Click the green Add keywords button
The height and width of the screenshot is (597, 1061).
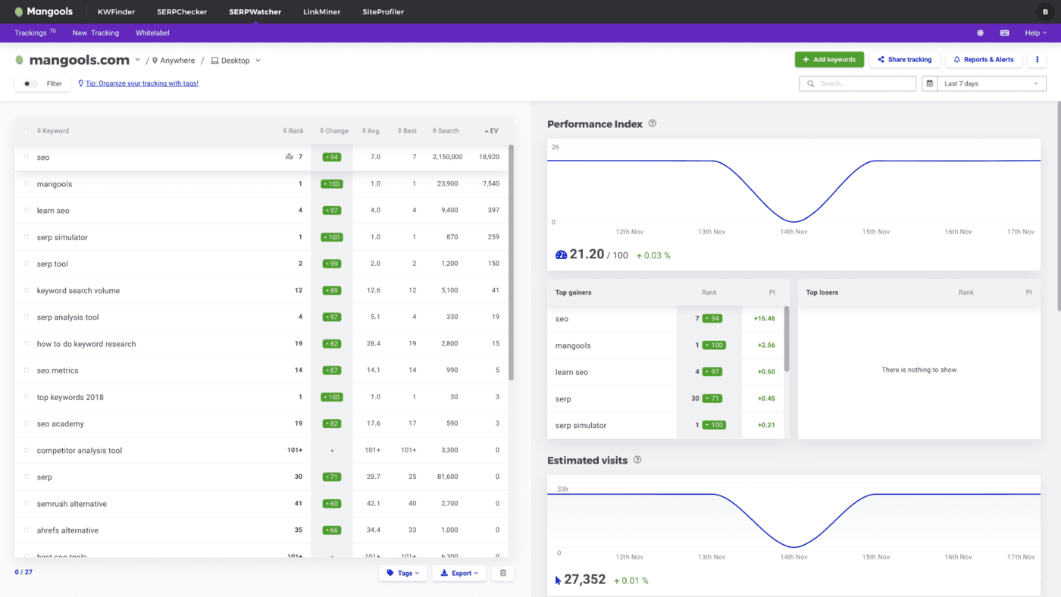tap(829, 60)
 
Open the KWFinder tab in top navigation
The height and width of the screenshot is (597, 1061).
tap(116, 12)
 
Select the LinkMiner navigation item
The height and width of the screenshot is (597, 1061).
tap(321, 12)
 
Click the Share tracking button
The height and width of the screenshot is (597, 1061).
tap(904, 60)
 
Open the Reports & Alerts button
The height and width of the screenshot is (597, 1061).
tap(984, 60)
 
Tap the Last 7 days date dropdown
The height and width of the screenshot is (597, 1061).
tap(991, 84)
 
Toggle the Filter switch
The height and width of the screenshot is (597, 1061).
tap(30, 84)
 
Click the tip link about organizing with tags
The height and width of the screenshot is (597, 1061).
tap(142, 84)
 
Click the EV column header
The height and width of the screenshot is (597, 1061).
tap(493, 131)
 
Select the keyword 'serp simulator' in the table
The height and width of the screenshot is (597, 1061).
tap(62, 238)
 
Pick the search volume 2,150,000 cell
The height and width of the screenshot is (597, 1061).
tap(447, 158)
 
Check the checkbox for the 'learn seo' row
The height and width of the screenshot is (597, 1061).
tap(27, 211)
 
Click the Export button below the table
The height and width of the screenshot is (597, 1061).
tap(459, 574)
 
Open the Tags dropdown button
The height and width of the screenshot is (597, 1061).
tap(404, 574)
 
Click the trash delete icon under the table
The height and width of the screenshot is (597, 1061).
tap(503, 574)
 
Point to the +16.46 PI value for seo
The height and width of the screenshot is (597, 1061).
tap(764, 319)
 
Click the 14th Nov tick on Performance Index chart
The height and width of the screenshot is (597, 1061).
tap(793, 232)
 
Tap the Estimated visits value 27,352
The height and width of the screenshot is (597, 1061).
tap(584, 580)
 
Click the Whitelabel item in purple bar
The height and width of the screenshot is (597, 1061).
tap(152, 33)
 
